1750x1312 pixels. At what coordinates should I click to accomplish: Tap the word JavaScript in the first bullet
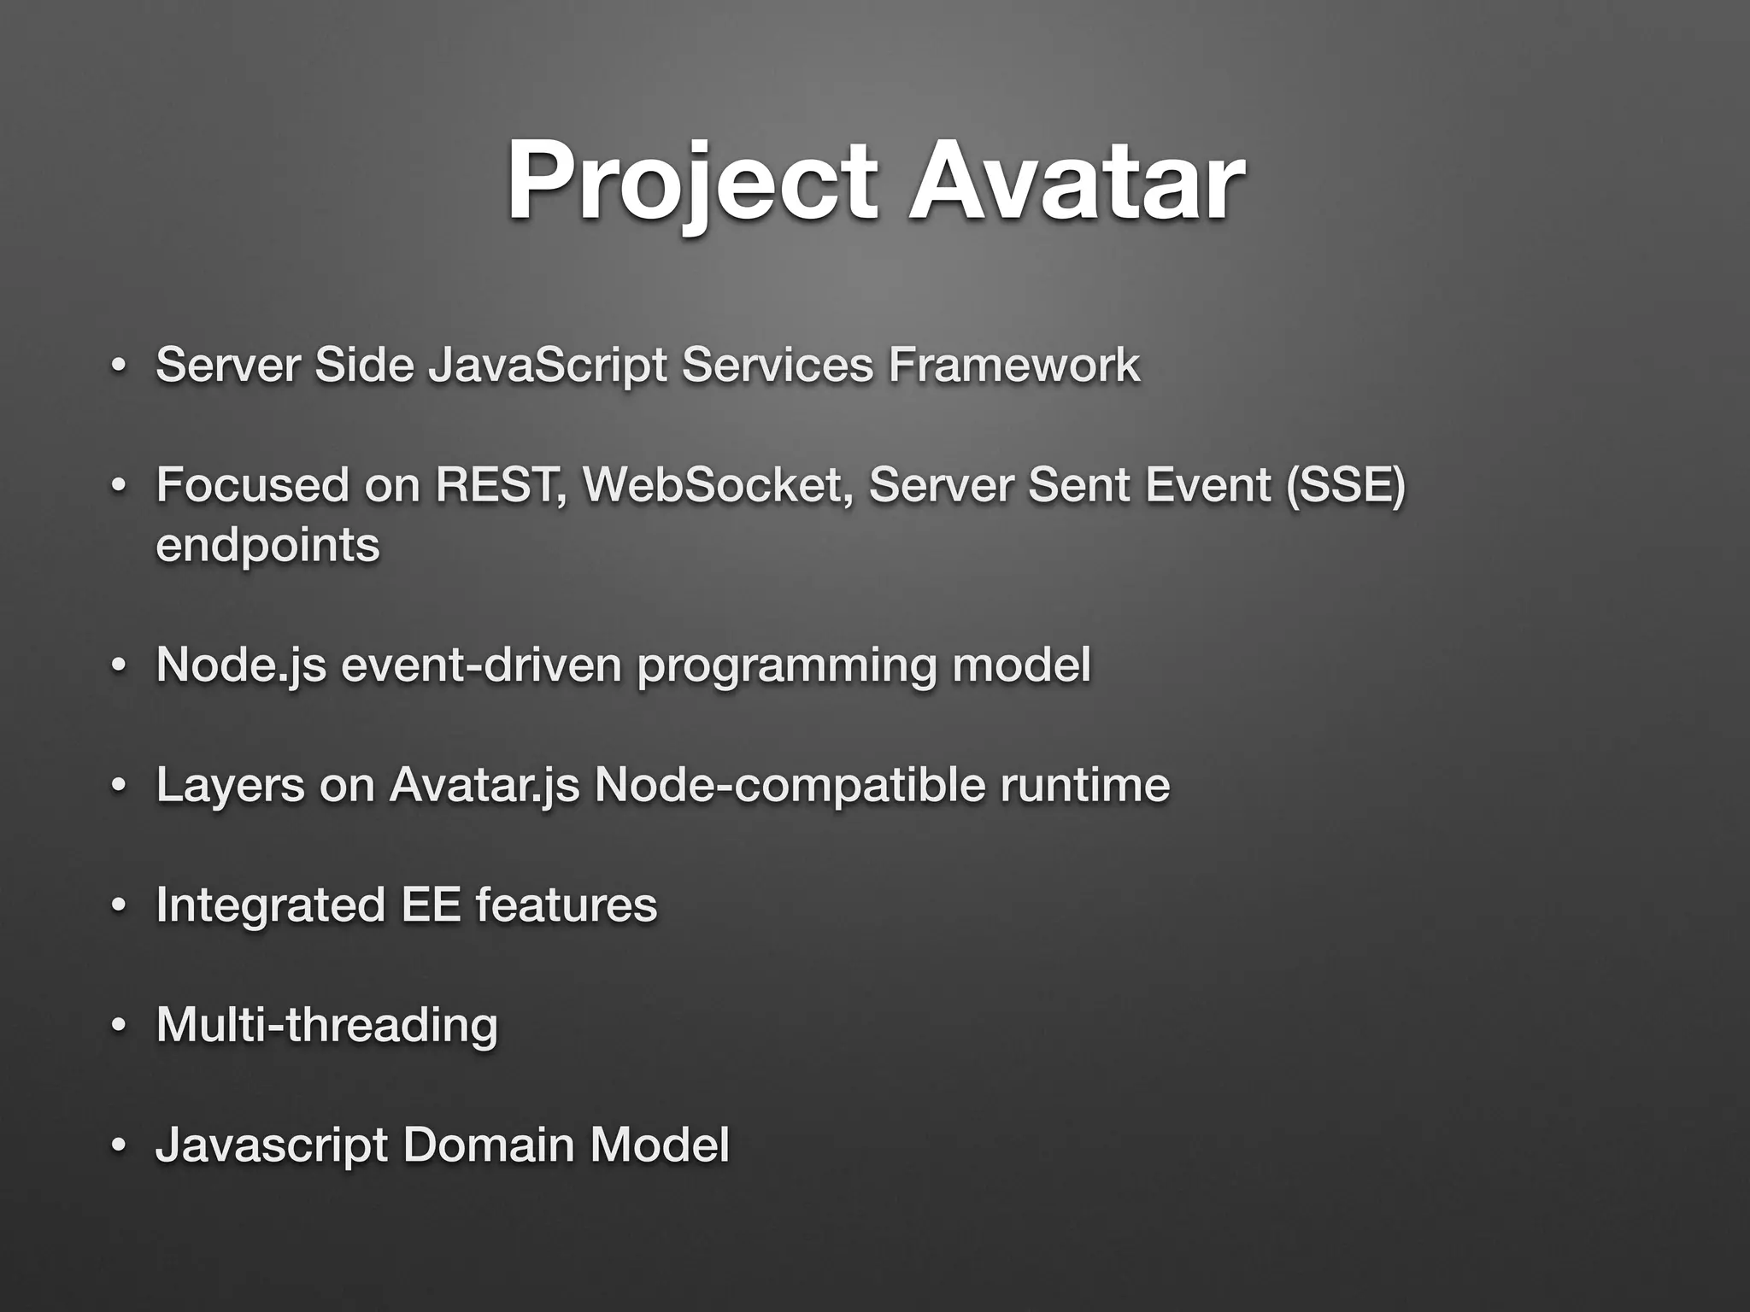point(547,366)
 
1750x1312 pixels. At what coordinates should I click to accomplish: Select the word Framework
point(1013,366)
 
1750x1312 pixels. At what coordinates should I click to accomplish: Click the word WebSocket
point(716,485)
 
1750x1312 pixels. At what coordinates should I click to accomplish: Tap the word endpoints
point(267,545)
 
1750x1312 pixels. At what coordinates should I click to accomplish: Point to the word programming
point(787,666)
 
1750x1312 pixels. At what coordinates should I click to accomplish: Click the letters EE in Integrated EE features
point(431,905)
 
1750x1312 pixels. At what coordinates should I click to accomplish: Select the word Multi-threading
point(326,1024)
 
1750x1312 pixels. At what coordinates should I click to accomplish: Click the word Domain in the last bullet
point(488,1144)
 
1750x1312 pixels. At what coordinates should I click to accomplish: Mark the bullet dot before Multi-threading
point(119,1025)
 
